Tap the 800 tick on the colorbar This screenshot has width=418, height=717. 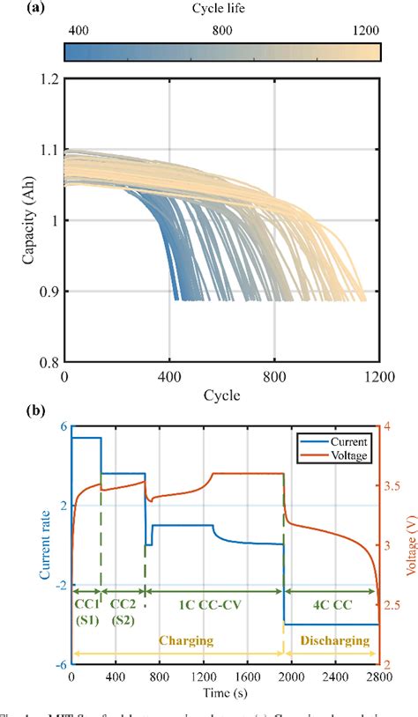(x=221, y=29)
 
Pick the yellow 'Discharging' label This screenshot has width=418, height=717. (x=332, y=641)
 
